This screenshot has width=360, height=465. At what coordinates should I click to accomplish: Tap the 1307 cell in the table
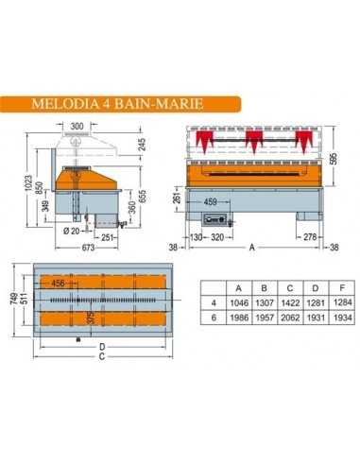(274, 301)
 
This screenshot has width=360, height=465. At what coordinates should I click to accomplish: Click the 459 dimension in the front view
(211, 200)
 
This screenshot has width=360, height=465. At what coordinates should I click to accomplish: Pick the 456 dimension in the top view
(59, 283)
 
